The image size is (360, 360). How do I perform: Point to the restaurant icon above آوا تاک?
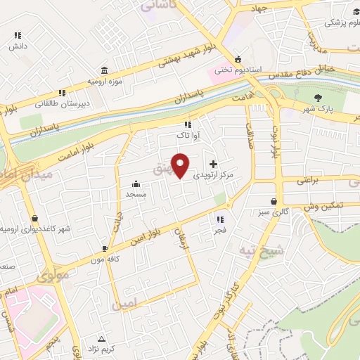pos(188,124)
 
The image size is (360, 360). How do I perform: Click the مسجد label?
pos(135,193)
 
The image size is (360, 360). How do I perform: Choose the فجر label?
pos(220,230)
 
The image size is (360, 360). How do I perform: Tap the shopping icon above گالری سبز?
pos(274,201)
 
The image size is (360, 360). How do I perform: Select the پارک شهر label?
pos(317,109)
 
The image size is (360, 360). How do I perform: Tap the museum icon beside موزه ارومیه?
pos(105,71)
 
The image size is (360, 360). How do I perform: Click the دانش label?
pos(17,46)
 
